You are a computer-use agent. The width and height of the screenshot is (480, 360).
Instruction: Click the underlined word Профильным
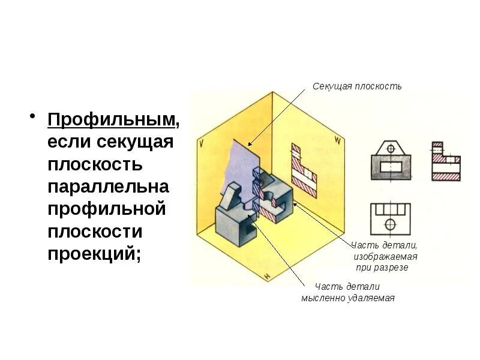[112, 120]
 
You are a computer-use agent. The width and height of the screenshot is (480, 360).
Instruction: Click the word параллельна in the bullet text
[108, 187]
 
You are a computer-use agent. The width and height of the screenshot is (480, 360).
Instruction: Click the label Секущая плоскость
[357, 86]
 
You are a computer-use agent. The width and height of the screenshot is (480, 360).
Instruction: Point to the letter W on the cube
[338, 142]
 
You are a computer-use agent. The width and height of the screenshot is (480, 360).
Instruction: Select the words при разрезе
[382, 267]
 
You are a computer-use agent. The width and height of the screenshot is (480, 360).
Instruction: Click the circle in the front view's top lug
[391, 148]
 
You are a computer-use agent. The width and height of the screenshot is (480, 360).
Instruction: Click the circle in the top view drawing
[391, 224]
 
